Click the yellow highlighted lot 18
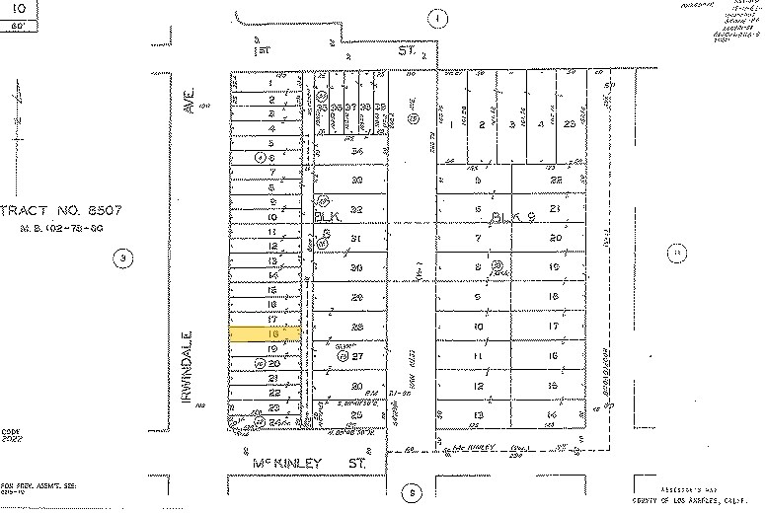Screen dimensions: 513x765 tap(265, 334)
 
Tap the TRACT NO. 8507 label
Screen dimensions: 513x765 tap(53, 210)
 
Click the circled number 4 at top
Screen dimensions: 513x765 tap(437, 17)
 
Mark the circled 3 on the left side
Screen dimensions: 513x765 tap(122, 259)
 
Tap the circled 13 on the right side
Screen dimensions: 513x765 tap(676, 252)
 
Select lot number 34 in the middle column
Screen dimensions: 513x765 tap(357, 151)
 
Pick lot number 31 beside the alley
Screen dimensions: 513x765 tap(357, 239)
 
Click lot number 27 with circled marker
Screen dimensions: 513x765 tap(359, 356)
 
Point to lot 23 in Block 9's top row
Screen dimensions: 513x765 tap(570, 124)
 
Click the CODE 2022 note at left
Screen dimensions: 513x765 tap(11, 435)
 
